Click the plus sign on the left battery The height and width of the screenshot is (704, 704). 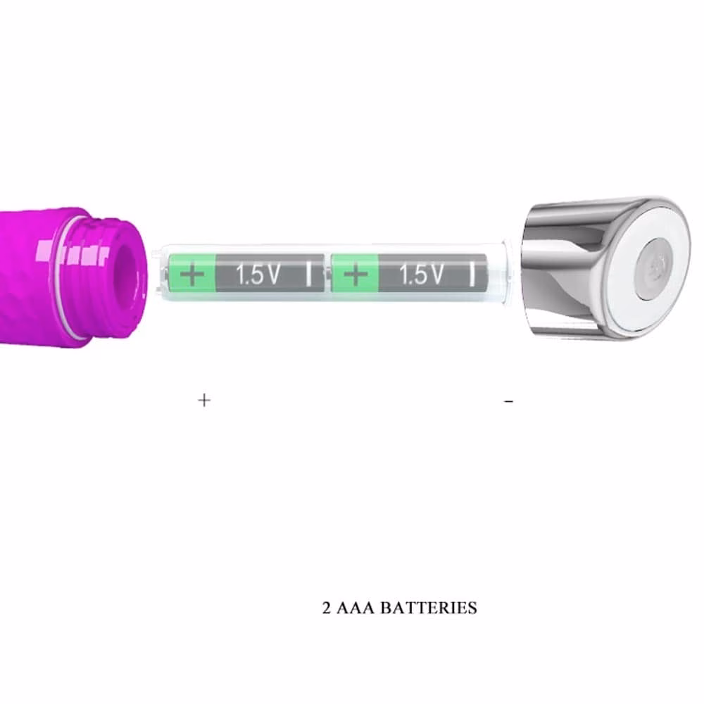(191, 275)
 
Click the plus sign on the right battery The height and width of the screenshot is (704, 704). (355, 275)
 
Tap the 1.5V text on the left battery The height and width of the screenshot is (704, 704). (258, 275)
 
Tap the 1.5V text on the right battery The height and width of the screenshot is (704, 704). (421, 275)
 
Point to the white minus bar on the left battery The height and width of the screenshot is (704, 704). (308, 275)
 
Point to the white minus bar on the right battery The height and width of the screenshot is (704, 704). (472, 275)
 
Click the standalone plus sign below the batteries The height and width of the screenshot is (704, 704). (204, 400)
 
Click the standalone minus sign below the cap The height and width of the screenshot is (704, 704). (508, 401)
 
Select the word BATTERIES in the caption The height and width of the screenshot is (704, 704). (429, 608)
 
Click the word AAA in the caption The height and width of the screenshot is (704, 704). (355, 608)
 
